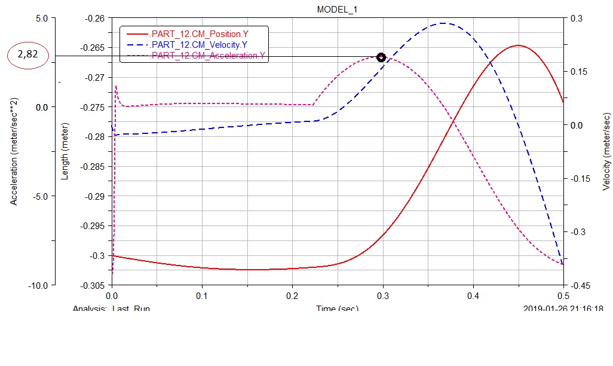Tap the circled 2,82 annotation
[x=32, y=55]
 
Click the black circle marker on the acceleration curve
[x=381, y=57]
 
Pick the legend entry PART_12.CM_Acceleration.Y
[x=208, y=56]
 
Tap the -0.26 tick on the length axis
[x=96, y=19]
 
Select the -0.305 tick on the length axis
[x=94, y=285]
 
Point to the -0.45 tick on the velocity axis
[x=580, y=285]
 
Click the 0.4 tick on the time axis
[x=473, y=296]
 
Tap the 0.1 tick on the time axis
[x=202, y=296]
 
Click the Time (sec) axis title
[x=337, y=309]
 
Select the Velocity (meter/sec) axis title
[x=606, y=151]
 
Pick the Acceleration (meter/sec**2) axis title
[x=13, y=152]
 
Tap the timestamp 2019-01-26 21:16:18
[x=563, y=309]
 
